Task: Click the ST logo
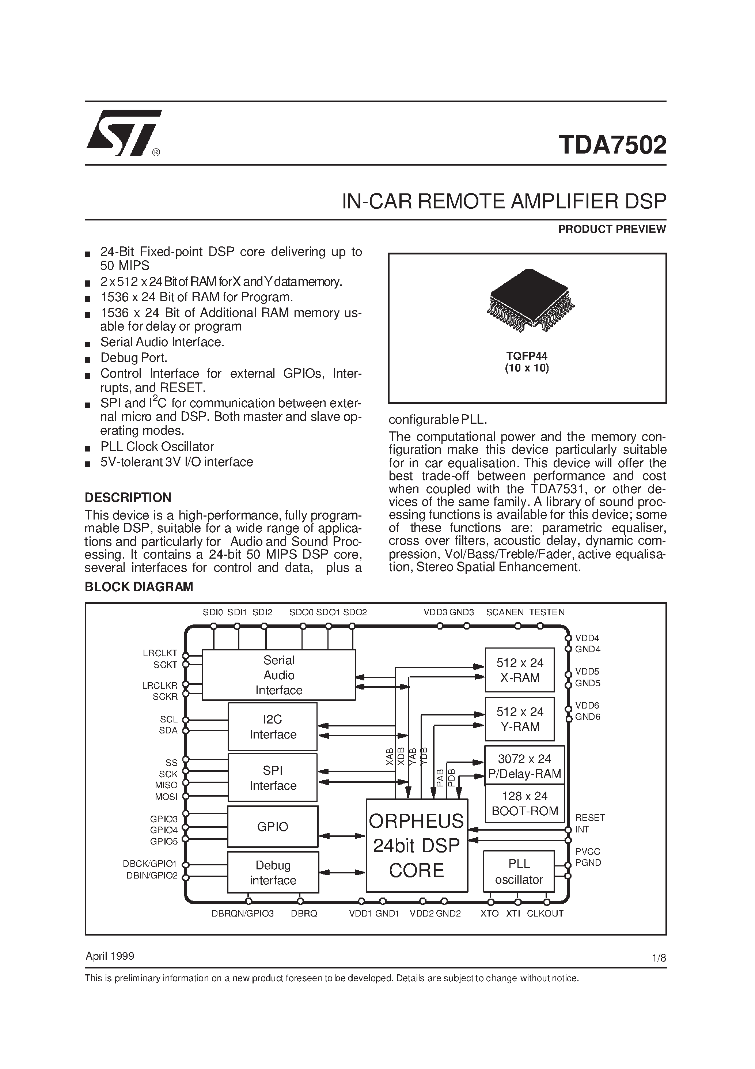click(x=124, y=133)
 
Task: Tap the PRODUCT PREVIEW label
click(x=612, y=229)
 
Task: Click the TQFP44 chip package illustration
click(x=530, y=300)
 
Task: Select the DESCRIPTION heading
click(x=128, y=498)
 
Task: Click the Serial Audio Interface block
click(x=278, y=675)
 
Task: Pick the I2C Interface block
click(x=272, y=726)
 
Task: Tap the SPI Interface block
click(x=272, y=778)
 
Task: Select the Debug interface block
click(x=273, y=873)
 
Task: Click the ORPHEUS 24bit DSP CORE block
click(x=416, y=846)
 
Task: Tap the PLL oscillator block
click(x=519, y=872)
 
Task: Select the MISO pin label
click(x=166, y=785)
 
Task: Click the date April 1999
click(x=110, y=956)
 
